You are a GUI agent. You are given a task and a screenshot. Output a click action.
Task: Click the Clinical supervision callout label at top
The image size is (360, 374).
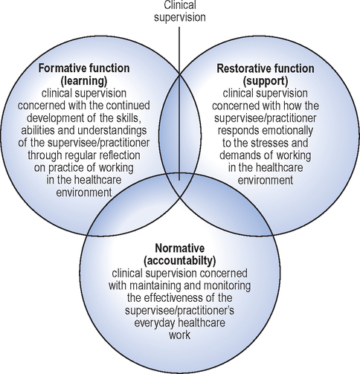tap(179, 11)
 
